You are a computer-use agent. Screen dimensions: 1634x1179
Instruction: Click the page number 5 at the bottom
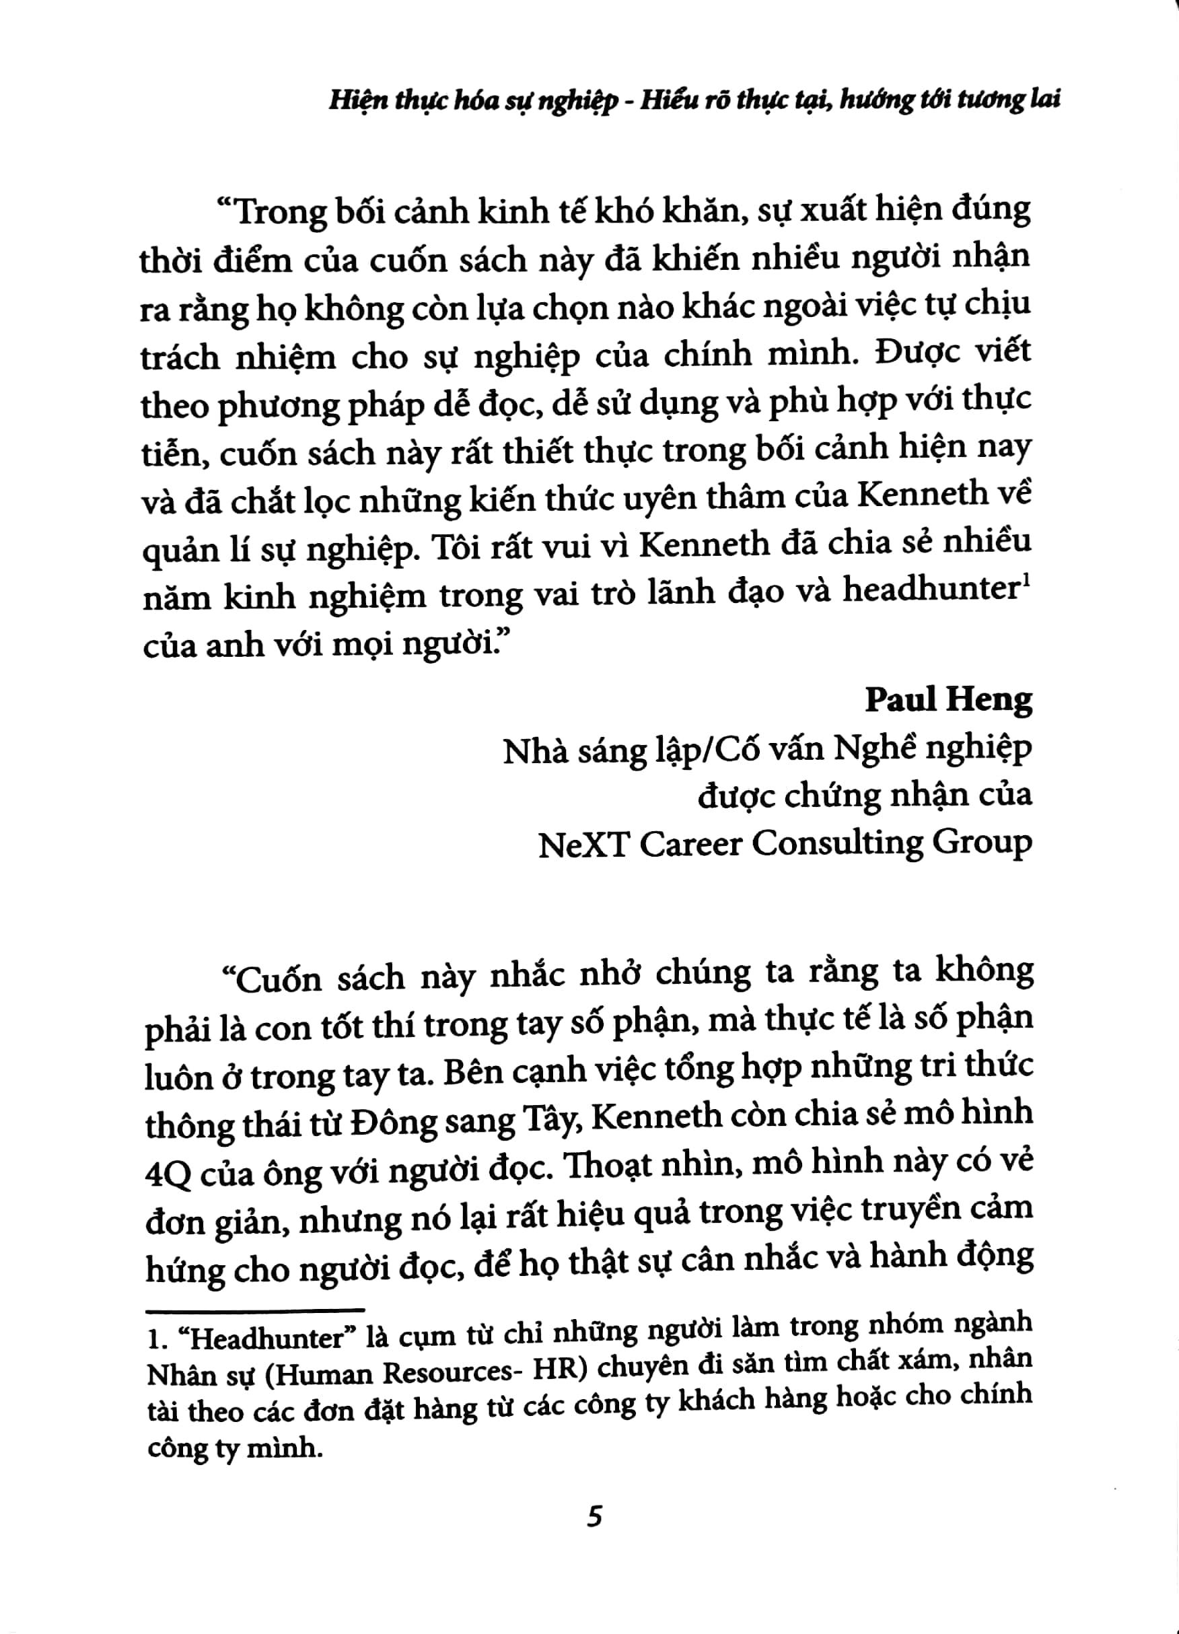[594, 1517]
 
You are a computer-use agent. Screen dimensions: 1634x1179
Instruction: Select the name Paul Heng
[949, 699]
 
